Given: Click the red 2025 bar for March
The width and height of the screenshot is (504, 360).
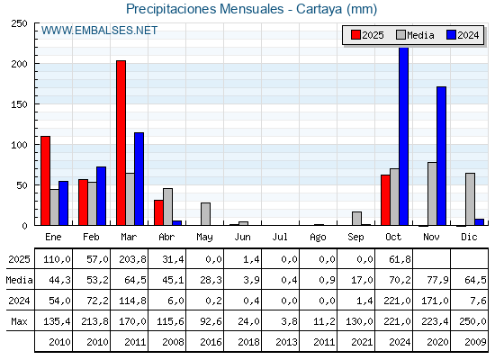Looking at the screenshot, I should (121, 143).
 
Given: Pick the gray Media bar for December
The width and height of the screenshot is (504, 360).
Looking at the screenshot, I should (470, 199).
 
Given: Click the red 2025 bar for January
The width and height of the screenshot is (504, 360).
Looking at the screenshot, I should (45, 181).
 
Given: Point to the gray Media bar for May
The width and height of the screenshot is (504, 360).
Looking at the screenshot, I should (205, 214).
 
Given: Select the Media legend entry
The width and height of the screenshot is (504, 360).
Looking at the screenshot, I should (414, 35).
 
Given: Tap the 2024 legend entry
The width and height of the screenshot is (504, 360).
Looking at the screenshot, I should (462, 35).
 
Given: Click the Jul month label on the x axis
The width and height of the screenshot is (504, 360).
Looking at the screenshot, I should (281, 236).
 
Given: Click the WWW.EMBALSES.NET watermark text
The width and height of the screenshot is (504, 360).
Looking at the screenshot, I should (99, 31).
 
